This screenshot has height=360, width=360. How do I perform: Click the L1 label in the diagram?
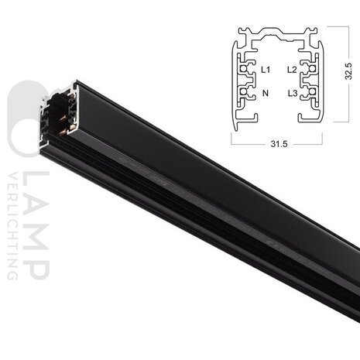tap(266, 70)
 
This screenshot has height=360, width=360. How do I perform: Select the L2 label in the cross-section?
tap(291, 70)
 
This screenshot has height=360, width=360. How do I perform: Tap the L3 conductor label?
tap(292, 93)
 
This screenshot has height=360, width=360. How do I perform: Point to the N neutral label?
tap(266, 93)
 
